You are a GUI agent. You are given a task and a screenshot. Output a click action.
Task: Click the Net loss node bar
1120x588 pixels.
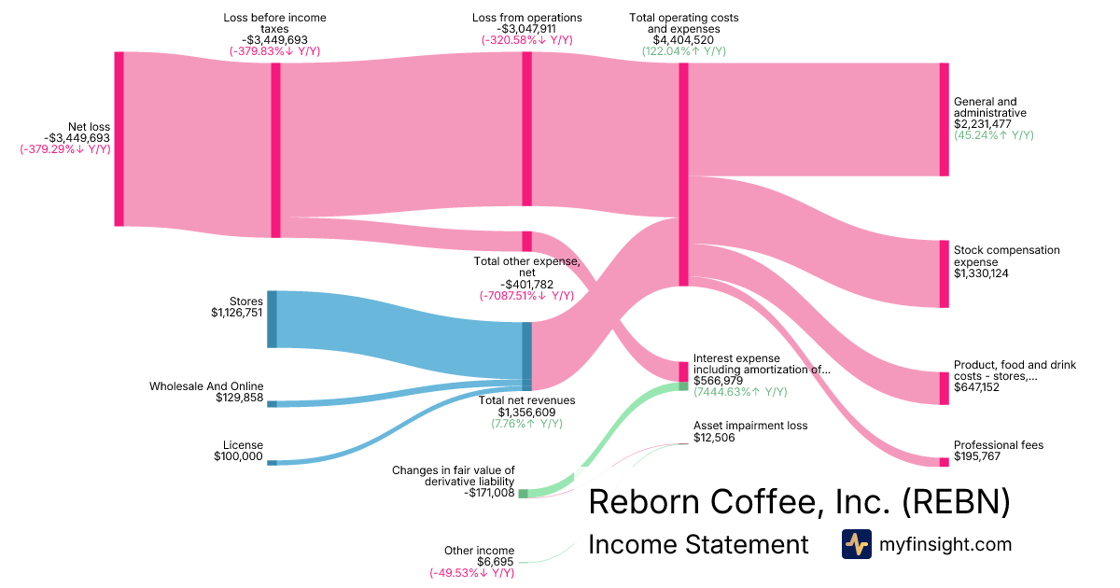[119, 138]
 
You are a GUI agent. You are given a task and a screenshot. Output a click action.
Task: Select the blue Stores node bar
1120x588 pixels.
[272, 319]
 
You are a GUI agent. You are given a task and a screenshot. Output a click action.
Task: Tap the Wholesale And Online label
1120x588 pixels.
[206, 386]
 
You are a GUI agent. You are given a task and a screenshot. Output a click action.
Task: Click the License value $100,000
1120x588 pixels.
[238, 456]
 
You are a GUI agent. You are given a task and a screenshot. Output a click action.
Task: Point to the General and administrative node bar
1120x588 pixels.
[944, 119]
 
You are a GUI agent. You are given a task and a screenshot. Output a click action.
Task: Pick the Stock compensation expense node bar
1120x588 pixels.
[944, 273]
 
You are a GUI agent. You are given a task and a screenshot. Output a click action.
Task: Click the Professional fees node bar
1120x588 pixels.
[944, 462]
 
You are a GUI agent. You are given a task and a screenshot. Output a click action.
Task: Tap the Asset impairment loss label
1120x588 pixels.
[750, 426]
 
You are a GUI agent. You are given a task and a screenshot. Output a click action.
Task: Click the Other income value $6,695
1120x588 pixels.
[496, 562]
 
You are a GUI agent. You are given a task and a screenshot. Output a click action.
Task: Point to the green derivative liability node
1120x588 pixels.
[523, 493]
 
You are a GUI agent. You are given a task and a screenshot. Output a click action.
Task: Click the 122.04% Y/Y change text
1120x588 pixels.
[683, 51]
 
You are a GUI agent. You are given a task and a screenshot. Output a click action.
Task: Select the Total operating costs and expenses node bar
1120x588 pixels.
[683, 174]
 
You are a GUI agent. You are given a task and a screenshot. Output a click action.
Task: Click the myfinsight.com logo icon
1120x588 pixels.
[856, 544]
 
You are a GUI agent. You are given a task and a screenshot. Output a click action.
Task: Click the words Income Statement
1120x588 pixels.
[698, 544]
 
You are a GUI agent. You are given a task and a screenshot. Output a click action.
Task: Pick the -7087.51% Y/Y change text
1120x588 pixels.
[526, 296]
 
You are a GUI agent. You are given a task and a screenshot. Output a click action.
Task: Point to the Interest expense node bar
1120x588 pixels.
[683, 371]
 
